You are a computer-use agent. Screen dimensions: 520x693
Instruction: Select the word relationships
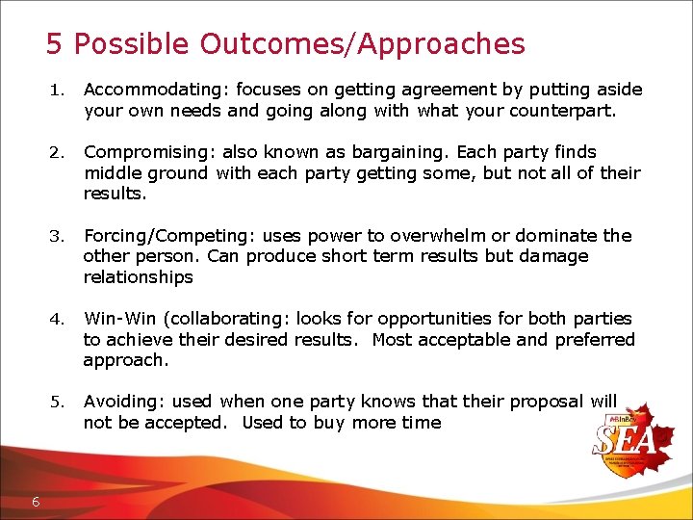pyautogui.click(x=138, y=277)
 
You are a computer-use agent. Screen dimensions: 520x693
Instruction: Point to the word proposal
pyautogui.click(x=545, y=402)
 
